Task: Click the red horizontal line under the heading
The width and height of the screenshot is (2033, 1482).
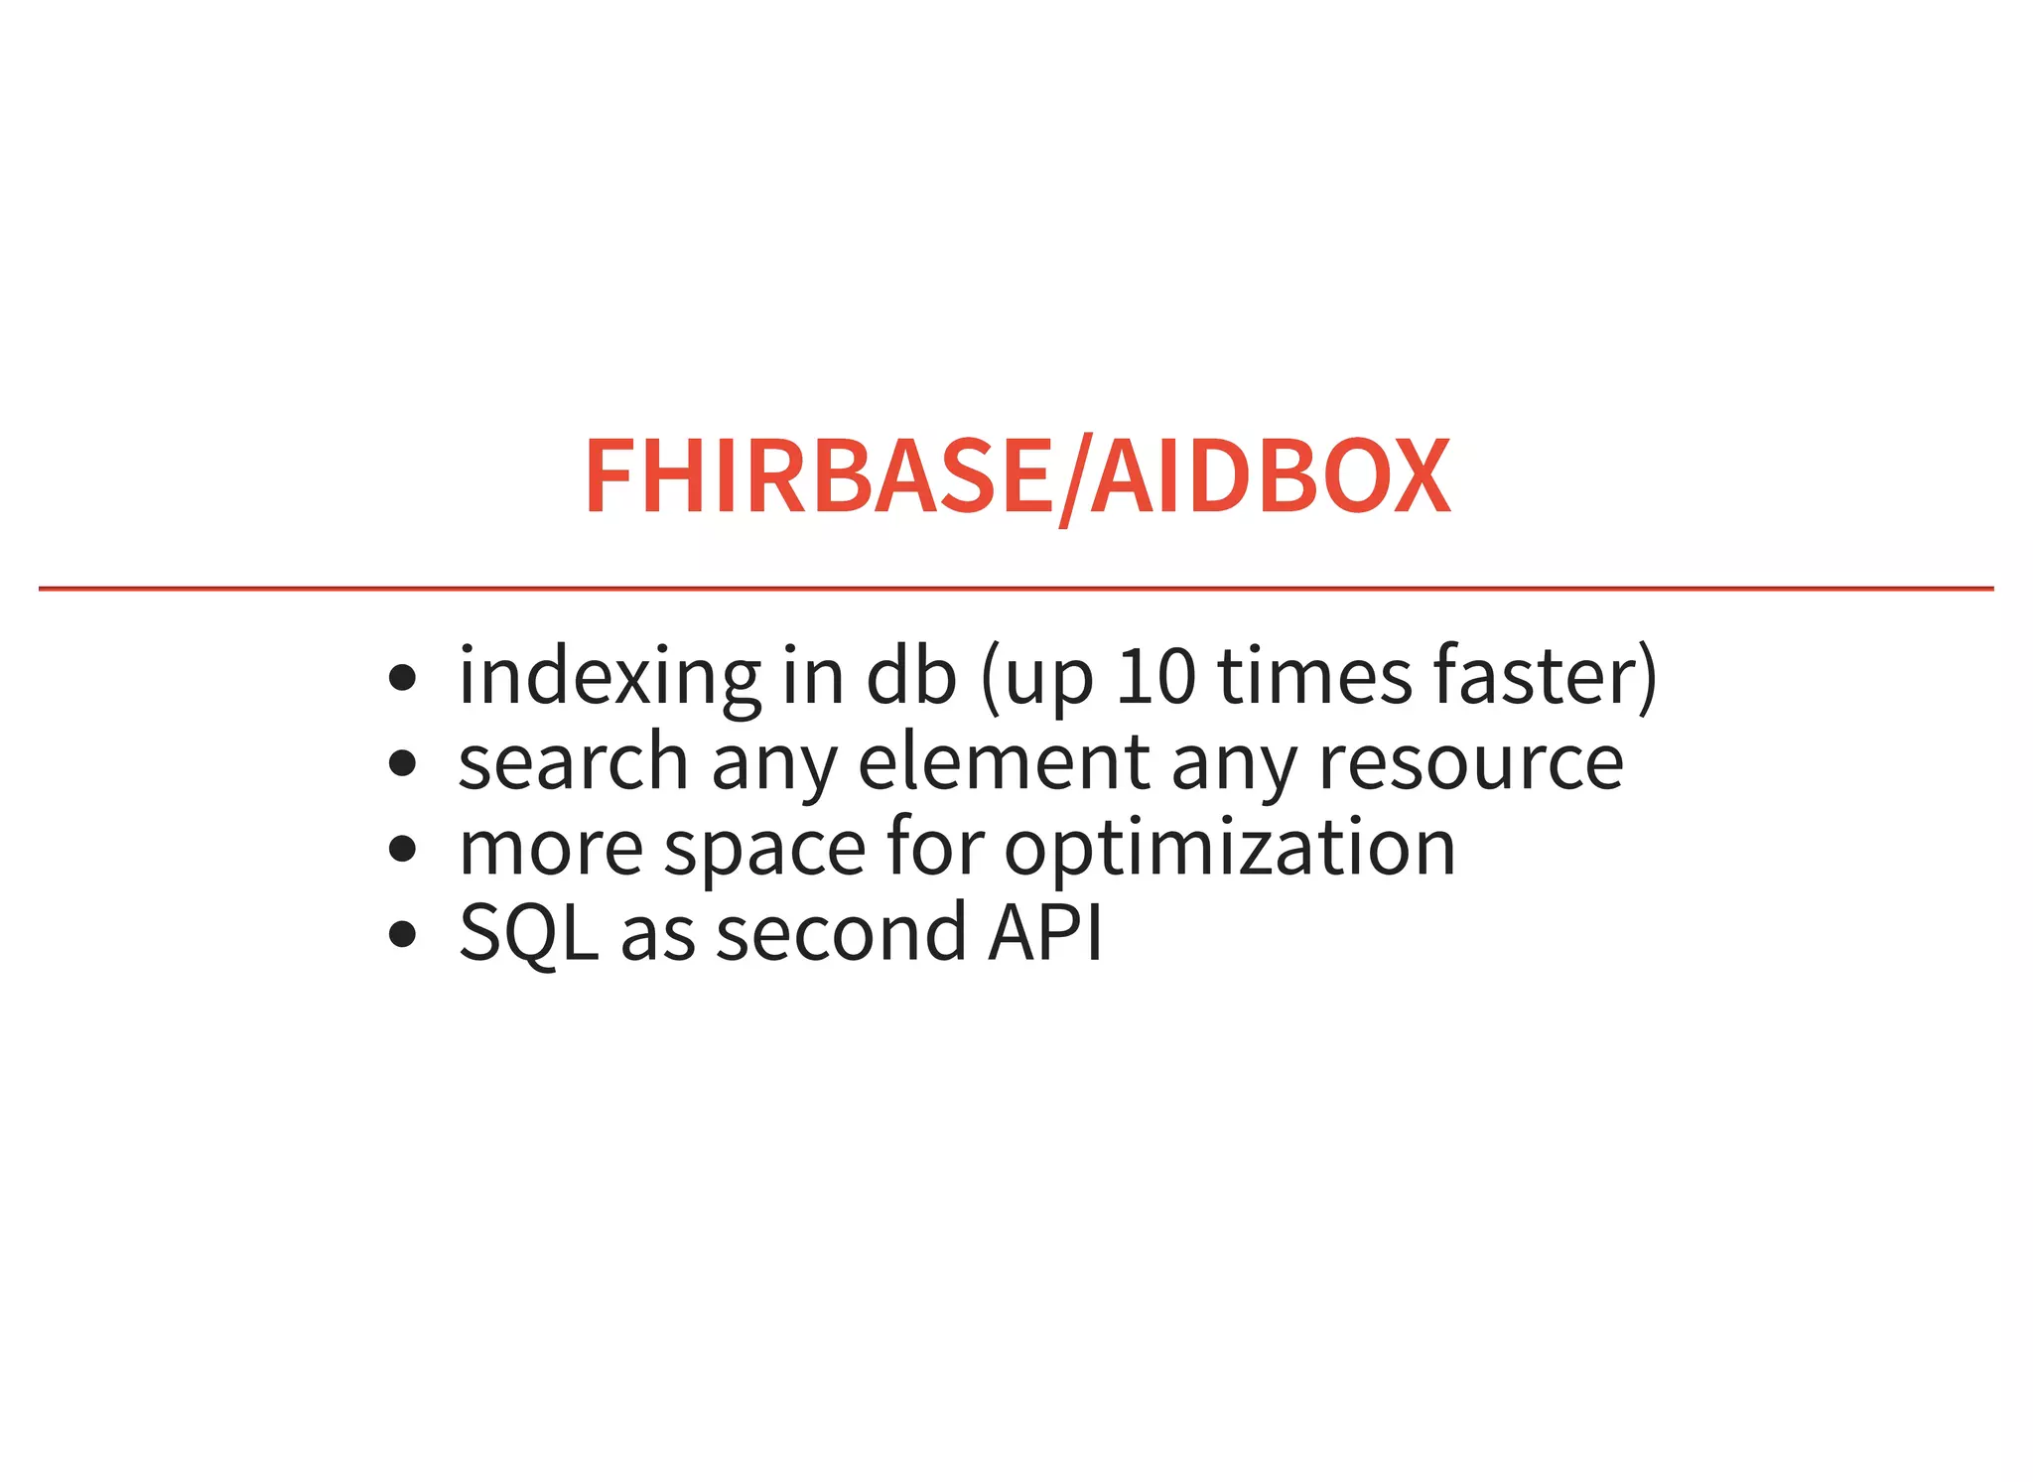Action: [1016, 589]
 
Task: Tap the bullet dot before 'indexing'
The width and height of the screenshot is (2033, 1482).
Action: [402, 678]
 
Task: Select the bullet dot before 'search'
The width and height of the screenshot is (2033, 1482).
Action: [402, 763]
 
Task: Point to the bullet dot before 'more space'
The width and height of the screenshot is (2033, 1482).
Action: [402, 849]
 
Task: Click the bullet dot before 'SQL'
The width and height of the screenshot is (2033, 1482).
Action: [402, 934]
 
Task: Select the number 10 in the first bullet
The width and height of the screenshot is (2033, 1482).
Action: [1155, 676]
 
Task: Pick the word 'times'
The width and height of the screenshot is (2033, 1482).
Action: [1314, 676]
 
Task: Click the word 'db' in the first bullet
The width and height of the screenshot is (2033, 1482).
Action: [911, 676]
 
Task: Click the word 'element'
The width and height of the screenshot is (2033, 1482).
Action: [1003, 761]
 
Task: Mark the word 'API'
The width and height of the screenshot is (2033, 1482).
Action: [1044, 932]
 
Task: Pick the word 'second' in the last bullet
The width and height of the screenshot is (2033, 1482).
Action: [841, 932]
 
